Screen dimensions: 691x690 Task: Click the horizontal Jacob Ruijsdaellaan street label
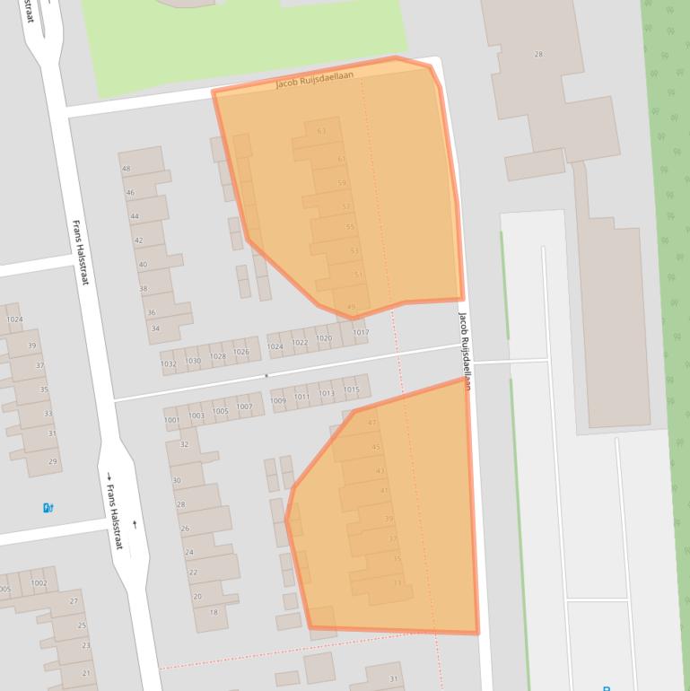(314, 80)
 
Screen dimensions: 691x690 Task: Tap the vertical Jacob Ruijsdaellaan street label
(466, 350)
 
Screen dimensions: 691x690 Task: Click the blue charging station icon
(48, 508)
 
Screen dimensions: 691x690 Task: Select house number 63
(321, 131)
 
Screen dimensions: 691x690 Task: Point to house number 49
(351, 308)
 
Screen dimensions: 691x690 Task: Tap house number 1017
(361, 333)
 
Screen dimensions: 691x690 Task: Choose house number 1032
(169, 363)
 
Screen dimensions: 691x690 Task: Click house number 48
(127, 169)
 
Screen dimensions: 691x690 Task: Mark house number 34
(155, 328)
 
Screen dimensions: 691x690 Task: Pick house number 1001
(171, 420)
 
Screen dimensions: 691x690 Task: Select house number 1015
(351, 389)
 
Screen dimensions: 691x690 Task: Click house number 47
(372, 423)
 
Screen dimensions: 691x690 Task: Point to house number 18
(214, 613)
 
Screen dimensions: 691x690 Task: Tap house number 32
(185, 444)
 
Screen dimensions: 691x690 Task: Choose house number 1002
(39, 583)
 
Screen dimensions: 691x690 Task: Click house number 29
(53, 462)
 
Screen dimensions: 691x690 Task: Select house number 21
(87, 673)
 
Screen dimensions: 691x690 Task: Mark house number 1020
(324, 339)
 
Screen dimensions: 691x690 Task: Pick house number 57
(346, 206)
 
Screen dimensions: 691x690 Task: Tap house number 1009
(278, 401)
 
